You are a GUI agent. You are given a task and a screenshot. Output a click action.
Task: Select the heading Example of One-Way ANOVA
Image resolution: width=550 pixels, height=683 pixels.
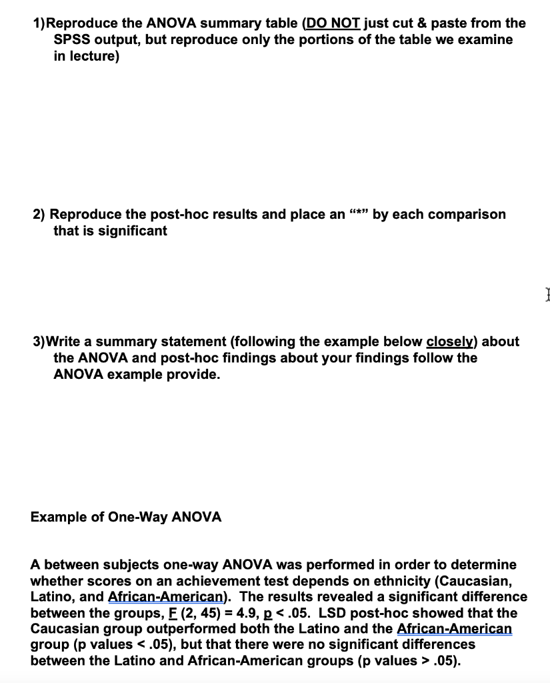click(x=126, y=517)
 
